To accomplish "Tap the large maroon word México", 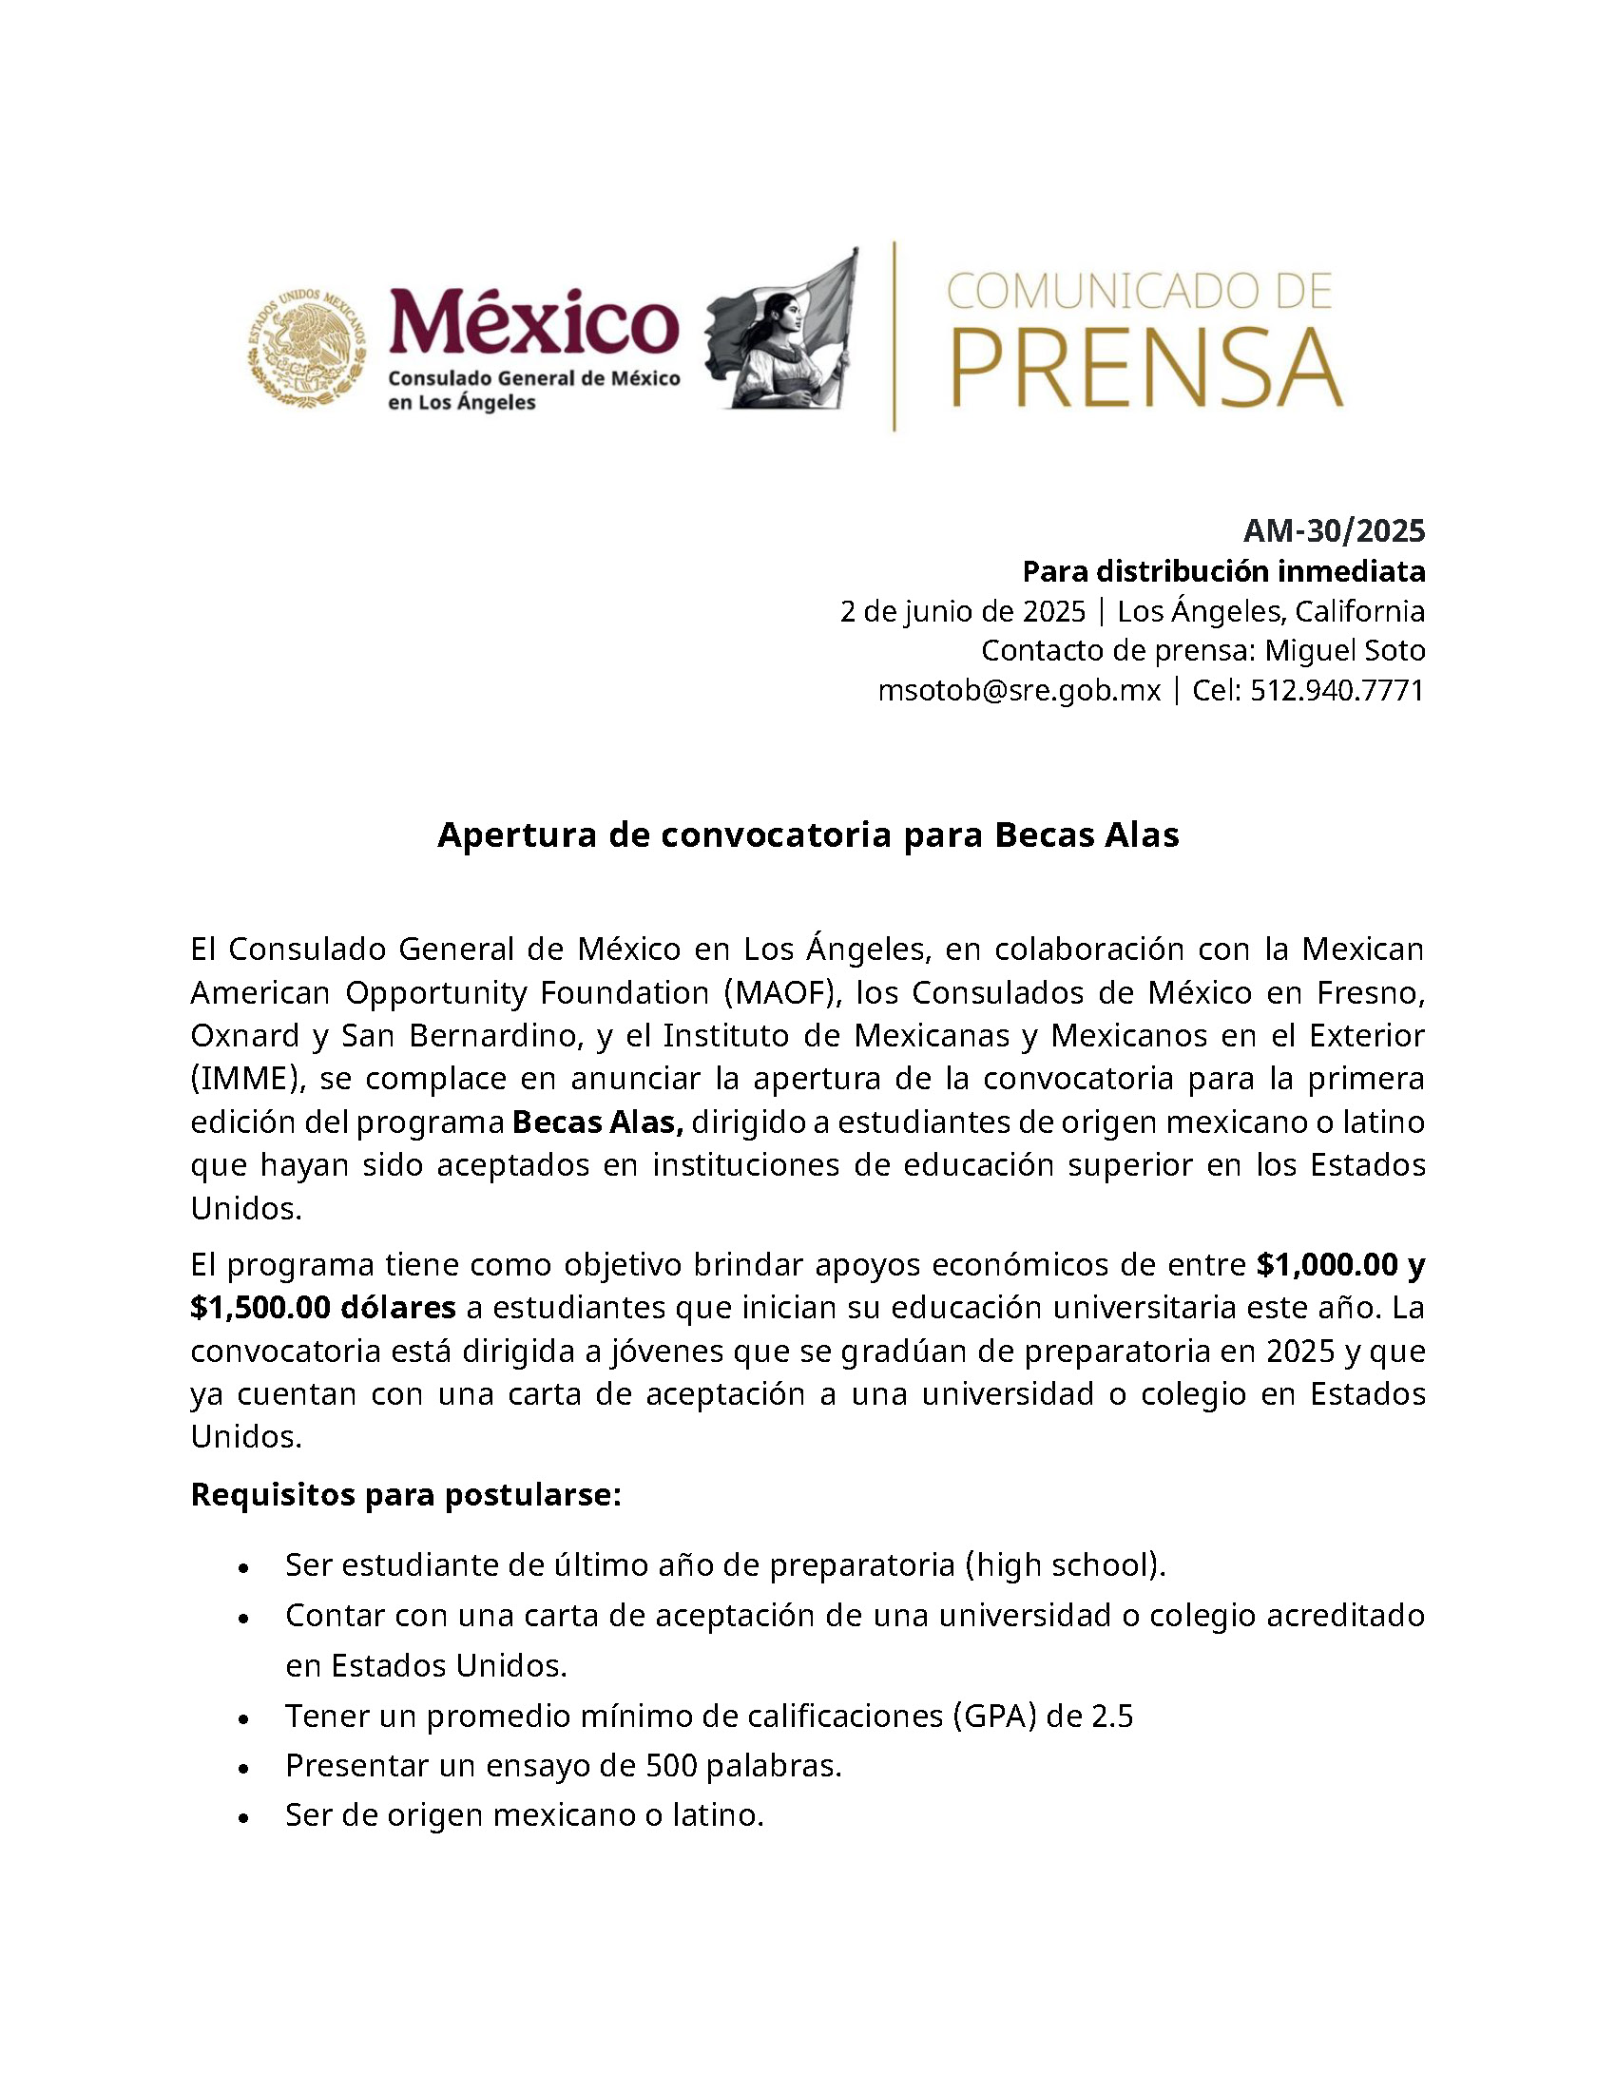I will [x=534, y=322].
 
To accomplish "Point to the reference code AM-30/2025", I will [x=1334, y=529].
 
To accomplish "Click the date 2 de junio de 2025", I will [x=962, y=611].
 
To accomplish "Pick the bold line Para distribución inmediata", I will [x=1223, y=571].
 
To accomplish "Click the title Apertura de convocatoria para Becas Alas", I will [x=808, y=834].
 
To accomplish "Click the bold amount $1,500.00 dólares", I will [x=322, y=1307].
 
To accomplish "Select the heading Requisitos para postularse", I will [x=406, y=1493].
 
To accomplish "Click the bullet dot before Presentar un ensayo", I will [x=245, y=1767].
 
